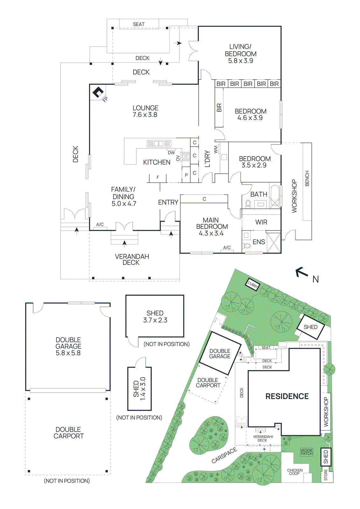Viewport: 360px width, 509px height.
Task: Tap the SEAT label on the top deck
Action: [x=139, y=24]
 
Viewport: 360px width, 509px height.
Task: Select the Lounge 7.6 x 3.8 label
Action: [x=145, y=111]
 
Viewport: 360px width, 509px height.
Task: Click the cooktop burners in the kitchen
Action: [x=186, y=156]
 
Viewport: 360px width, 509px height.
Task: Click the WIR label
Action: [x=261, y=222]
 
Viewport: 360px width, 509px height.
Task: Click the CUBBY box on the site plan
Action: [x=253, y=284]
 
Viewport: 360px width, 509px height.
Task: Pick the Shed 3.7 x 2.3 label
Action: [x=155, y=317]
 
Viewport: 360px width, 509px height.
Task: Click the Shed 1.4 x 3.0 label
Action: [x=139, y=388]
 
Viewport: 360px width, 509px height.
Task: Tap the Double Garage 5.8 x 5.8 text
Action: [x=68, y=346]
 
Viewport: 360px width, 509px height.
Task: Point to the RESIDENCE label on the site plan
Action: [x=287, y=396]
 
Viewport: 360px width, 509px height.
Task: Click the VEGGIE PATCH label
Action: [x=307, y=452]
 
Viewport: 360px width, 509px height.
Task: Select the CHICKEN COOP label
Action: [x=295, y=472]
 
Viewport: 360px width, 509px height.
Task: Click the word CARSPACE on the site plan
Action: [x=224, y=455]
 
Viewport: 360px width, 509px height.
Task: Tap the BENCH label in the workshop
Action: [x=307, y=178]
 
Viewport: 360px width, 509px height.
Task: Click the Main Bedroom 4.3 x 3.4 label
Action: [x=212, y=227]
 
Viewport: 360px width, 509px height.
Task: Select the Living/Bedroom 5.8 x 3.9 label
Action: [x=240, y=54]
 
